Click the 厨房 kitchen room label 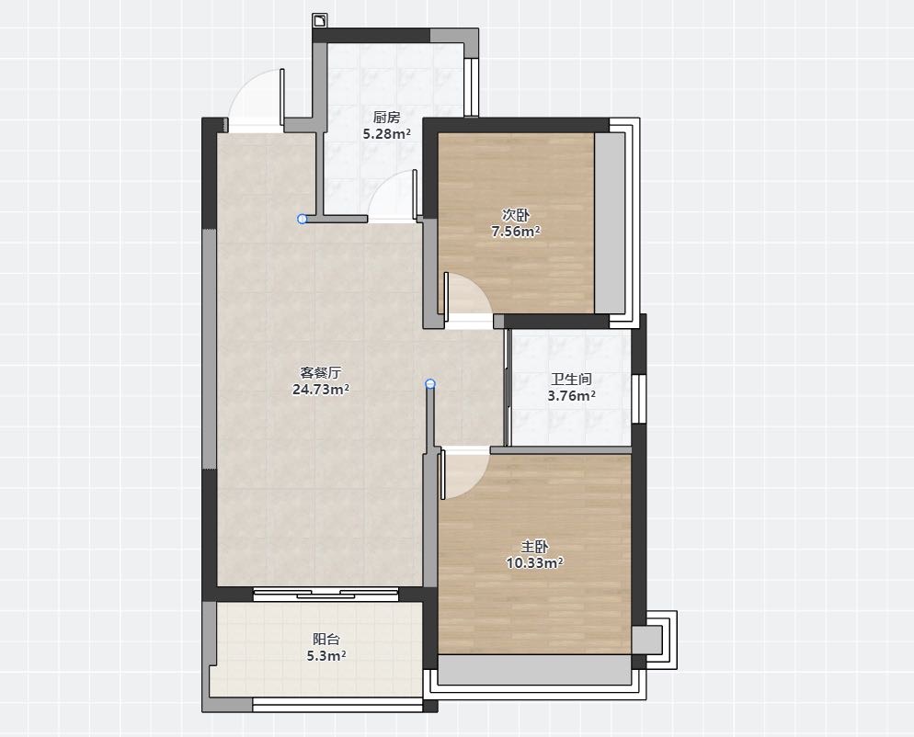click(x=386, y=118)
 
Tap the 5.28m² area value click(x=387, y=134)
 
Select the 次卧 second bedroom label click(x=516, y=215)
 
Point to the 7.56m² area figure click(x=516, y=232)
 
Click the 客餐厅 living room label click(x=321, y=372)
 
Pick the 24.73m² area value click(x=321, y=390)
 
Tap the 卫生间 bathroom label click(x=572, y=380)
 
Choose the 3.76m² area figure click(x=572, y=396)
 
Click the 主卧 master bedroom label click(x=534, y=547)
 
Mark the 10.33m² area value click(x=534, y=562)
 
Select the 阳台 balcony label click(x=326, y=639)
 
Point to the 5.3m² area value click(x=326, y=656)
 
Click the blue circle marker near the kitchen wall click(x=302, y=219)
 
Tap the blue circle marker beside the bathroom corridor click(x=430, y=383)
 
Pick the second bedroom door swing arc click(x=476, y=286)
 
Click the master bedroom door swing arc click(x=475, y=483)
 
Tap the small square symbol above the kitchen click(x=320, y=21)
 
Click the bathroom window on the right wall click(x=640, y=399)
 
